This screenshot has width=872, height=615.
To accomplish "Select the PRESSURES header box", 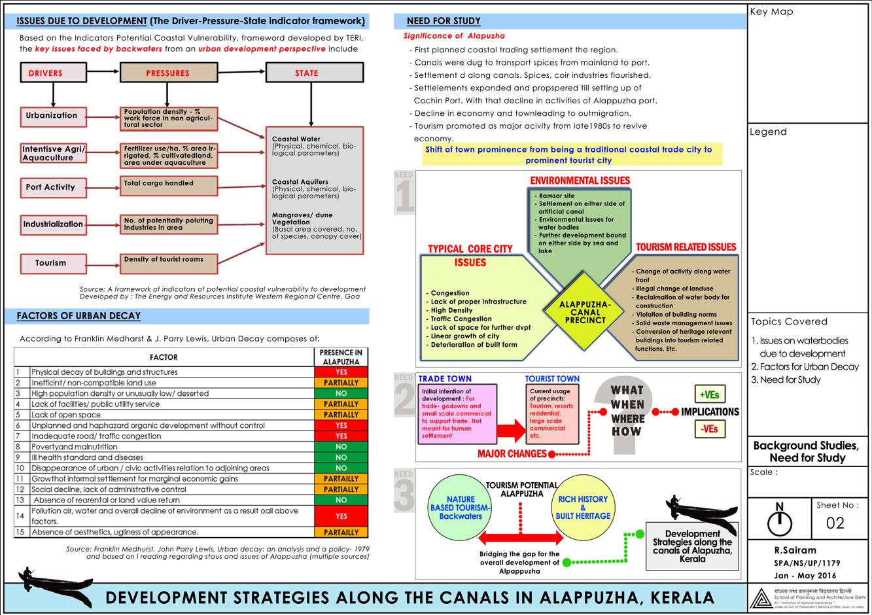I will click(168, 73).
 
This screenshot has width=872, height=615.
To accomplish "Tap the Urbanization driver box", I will click(52, 116).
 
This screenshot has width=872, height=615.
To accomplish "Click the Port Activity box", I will click(52, 187).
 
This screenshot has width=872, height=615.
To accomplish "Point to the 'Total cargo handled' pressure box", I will click(169, 185).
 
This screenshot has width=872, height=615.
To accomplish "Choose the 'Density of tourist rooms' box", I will click(169, 262).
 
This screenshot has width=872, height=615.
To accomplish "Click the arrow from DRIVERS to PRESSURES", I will click(103, 72).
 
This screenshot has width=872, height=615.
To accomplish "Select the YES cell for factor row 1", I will click(341, 372).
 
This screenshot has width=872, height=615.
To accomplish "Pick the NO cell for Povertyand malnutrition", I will click(341, 447).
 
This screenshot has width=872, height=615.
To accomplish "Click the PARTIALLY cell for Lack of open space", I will click(341, 415).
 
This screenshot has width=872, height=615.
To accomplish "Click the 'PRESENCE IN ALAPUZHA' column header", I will click(341, 357).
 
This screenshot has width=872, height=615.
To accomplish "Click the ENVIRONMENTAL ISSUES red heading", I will click(580, 181).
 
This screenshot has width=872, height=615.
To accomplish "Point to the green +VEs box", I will click(710, 395).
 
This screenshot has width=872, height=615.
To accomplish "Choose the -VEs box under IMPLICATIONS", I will click(710, 429).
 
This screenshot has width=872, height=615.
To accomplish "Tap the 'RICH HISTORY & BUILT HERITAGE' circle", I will click(583, 508).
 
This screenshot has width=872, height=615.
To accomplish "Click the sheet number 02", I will click(835, 523).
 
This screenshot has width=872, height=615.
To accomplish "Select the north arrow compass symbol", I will click(779, 521).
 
